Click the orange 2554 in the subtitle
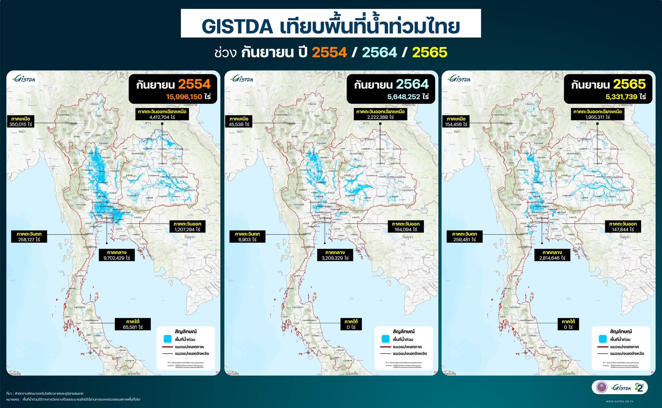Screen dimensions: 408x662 329,52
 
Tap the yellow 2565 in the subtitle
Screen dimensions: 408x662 430,52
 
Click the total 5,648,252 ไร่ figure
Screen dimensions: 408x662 408,97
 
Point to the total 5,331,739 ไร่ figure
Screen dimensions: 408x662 625,97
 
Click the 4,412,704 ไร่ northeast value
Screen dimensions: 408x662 162,117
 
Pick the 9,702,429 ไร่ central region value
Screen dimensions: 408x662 117,258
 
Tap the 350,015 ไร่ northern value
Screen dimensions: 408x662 21,124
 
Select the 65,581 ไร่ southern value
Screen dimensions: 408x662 133,327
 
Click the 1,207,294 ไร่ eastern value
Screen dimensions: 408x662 187,229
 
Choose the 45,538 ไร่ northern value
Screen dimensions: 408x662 239,124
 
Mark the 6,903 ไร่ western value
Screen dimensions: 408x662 247,240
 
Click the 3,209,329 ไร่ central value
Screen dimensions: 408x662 335,258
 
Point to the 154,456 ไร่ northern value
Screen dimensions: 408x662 456,124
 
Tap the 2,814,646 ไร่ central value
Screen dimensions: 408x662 552,258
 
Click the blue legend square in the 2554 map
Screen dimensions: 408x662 167,339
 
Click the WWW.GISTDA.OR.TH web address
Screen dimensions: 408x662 619,401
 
